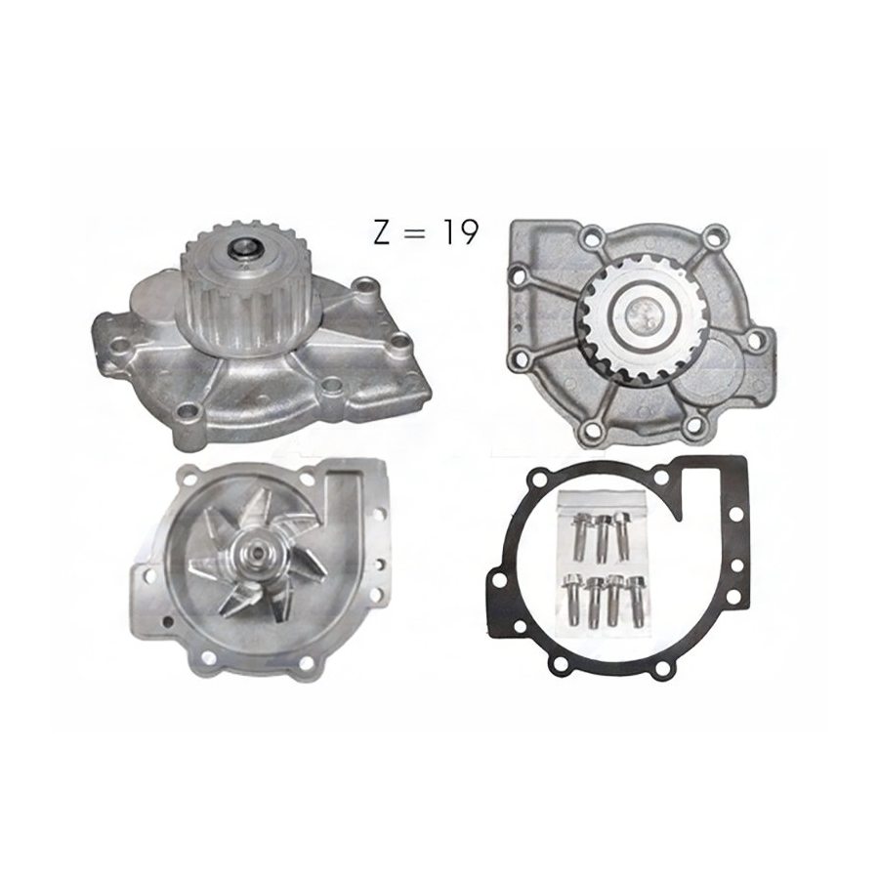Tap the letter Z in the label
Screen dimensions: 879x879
[382, 232]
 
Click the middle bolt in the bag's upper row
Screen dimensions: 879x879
[602, 538]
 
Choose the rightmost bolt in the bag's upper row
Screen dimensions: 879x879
[622, 535]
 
